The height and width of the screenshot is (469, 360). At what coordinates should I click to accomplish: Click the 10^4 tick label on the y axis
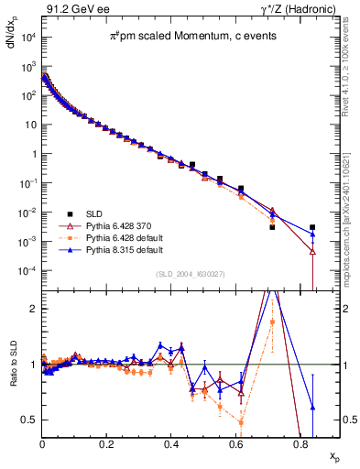pos(27,37)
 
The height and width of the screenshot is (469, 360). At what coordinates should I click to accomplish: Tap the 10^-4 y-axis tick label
pos(27,271)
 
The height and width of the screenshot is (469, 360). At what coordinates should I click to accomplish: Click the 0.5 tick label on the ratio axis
pos(29,420)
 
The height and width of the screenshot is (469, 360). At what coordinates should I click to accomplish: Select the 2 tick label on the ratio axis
pos(33,309)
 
